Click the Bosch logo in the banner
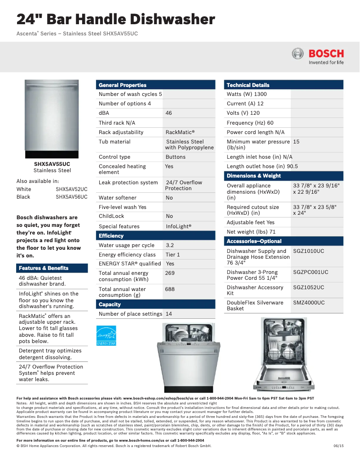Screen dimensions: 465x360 [318, 56]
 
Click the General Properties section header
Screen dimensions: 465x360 [123, 85]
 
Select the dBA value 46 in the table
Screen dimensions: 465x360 [169, 113]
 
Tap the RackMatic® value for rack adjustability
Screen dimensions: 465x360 [180, 132]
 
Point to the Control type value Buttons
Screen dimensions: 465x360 [176, 157]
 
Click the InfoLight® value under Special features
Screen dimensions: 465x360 [179, 226]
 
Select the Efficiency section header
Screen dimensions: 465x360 [111, 236]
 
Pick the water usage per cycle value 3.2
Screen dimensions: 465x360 [170, 245]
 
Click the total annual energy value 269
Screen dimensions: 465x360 [170, 273]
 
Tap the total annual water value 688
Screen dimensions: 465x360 [170, 289]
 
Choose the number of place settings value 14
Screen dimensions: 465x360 [169, 314]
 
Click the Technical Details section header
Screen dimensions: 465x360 [248, 85]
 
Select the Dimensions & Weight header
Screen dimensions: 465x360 [254, 176]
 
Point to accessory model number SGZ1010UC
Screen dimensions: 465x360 [308, 251]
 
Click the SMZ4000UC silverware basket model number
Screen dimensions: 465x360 [309, 303]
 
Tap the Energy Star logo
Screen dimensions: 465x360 [106, 335]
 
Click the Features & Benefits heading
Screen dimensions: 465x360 [44, 268]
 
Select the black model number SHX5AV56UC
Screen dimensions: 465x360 [71, 197]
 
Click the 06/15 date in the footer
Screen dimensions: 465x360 [338, 446]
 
